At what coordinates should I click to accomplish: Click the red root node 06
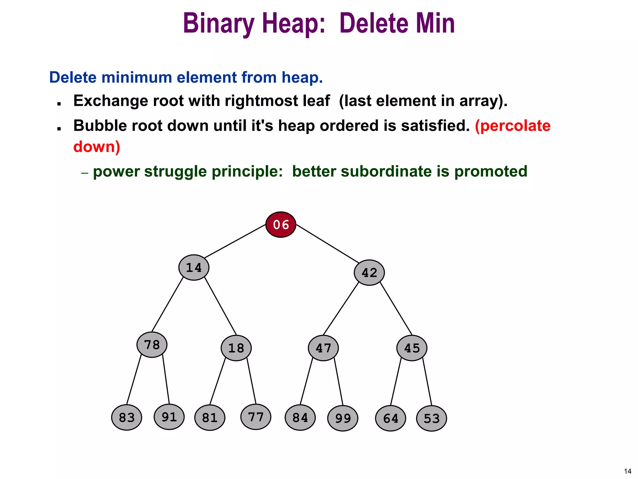pos(281,225)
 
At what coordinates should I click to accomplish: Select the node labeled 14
pos(194,268)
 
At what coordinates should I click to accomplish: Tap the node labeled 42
pos(369,273)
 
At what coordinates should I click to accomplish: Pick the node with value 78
pos(152,345)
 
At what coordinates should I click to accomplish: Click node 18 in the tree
pos(236,348)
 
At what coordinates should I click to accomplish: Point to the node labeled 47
pos(323,348)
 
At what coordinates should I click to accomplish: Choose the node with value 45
pos(412,348)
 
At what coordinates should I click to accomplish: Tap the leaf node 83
pos(126,418)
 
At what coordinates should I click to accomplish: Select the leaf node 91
pos(169,417)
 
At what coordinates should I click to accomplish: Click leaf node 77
pos(256,417)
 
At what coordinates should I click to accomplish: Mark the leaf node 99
pos(343,418)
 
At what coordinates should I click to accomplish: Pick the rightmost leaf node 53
pos(431,418)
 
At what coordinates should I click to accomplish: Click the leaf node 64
pos(390,418)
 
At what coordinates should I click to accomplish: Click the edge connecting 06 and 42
pos(327,244)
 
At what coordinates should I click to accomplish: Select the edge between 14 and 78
pos(168,304)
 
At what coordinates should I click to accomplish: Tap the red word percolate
pos(513,126)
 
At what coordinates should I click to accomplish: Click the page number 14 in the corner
pos(627,471)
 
